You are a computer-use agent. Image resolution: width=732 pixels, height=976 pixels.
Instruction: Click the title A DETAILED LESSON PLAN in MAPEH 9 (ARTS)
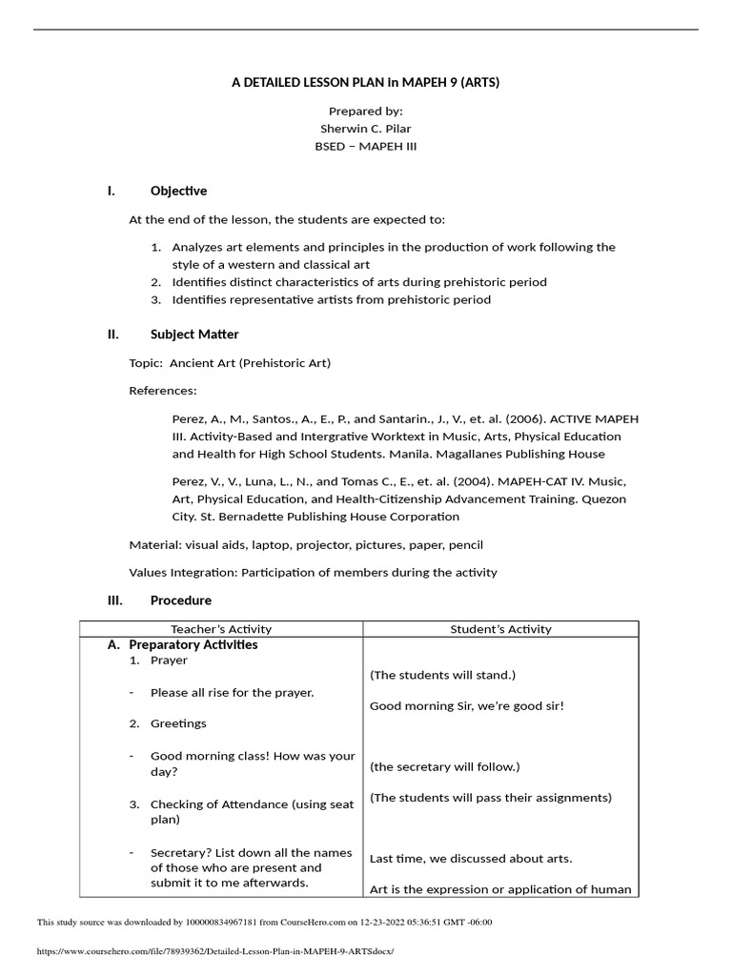click(365, 83)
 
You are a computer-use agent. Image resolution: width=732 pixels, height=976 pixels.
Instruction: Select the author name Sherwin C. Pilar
click(365, 129)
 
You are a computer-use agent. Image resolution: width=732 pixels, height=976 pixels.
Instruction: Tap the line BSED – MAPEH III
click(365, 147)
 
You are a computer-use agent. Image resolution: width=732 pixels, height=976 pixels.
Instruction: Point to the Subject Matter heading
click(194, 335)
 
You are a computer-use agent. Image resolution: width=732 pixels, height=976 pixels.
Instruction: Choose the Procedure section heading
click(181, 600)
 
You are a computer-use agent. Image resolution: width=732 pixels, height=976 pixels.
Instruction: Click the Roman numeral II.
click(112, 335)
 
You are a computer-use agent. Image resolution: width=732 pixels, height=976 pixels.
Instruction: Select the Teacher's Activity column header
click(221, 629)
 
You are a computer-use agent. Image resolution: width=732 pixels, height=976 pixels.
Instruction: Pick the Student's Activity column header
click(500, 629)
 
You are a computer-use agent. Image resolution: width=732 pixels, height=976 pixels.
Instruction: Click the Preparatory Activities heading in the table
click(193, 645)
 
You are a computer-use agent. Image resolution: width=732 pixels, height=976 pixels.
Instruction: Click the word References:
click(163, 391)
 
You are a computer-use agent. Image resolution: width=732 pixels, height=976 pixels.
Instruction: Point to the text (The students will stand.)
click(442, 676)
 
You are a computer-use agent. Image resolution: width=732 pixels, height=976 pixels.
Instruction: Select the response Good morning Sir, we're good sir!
click(467, 706)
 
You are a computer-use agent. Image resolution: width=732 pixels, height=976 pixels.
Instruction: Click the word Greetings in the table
click(178, 723)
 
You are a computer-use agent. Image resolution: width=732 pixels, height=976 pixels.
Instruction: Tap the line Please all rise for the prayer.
click(232, 693)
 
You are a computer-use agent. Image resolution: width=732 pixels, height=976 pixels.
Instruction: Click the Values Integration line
click(313, 573)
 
